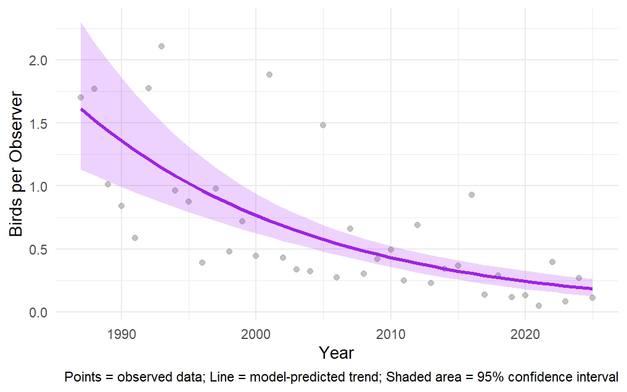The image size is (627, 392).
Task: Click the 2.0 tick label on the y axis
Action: tap(38, 60)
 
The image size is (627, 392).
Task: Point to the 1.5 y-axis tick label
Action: tap(38, 123)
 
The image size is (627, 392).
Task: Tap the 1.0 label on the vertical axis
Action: tap(38, 186)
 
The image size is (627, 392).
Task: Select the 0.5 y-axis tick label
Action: tap(38, 250)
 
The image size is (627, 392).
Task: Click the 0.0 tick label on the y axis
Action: tap(38, 312)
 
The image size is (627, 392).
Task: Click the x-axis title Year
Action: tap(337, 353)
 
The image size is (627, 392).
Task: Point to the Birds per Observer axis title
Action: tap(16, 164)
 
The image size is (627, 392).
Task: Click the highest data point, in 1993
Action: tap(162, 46)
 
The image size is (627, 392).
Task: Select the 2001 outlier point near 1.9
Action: tap(269, 75)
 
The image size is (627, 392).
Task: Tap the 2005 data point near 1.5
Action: tap(323, 125)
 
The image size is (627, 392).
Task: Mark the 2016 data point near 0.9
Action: tap(472, 195)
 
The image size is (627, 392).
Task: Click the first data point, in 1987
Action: tap(81, 97)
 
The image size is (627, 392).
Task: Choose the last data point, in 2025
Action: tap(592, 298)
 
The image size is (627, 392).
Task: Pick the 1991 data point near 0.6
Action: tap(135, 238)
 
